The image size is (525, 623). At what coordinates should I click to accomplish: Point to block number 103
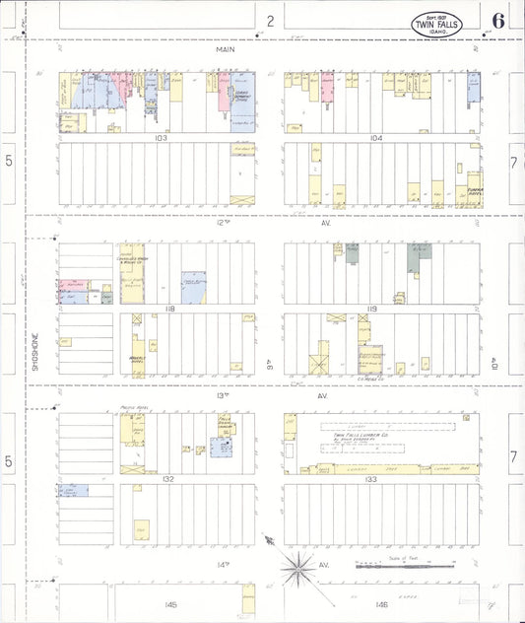click(x=161, y=138)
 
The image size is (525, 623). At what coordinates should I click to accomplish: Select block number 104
click(x=375, y=138)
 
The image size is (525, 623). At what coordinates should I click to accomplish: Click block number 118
click(x=169, y=310)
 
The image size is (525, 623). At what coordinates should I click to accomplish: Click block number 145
click(x=170, y=603)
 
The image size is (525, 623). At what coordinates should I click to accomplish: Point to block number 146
click(x=380, y=603)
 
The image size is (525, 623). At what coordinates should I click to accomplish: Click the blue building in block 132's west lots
click(x=73, y=489)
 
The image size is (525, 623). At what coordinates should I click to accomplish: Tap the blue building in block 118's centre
click(x=193, y=287)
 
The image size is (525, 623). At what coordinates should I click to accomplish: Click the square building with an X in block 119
click(x=320, y=359)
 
